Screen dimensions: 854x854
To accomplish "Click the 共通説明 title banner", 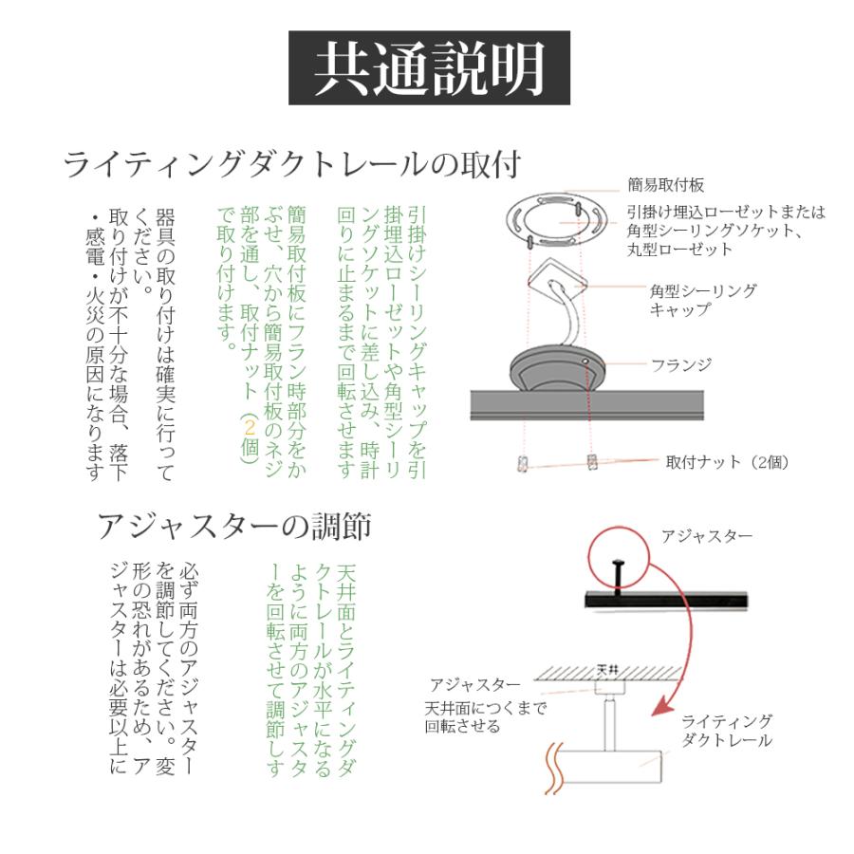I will point(429,68).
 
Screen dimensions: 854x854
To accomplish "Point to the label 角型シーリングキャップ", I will point(702,300).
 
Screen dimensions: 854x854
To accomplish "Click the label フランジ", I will point(680,363).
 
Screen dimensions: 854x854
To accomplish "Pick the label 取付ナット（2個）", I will point(727,463).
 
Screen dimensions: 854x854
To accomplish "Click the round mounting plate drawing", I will point(552,220).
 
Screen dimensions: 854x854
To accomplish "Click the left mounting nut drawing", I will point(522,465).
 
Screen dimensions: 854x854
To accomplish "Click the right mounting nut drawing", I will point(593,463).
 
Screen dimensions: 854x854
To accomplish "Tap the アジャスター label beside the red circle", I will point(706,537).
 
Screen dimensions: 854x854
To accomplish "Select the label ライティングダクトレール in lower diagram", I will point(727,731).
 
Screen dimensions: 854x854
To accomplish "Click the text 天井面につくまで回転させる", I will point(484,717).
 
